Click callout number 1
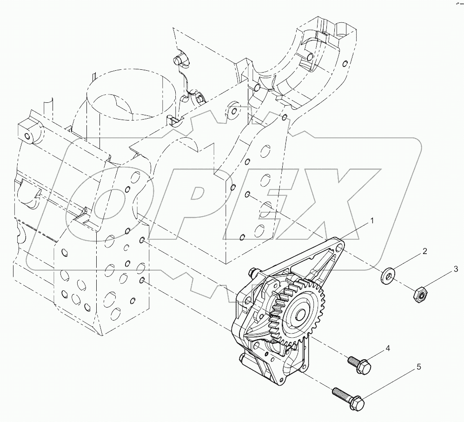coord(371,221)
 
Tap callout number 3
coord(456,269)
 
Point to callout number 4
coord(386,348)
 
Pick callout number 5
coord(418,367)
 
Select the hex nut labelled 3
coord(420,294)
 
